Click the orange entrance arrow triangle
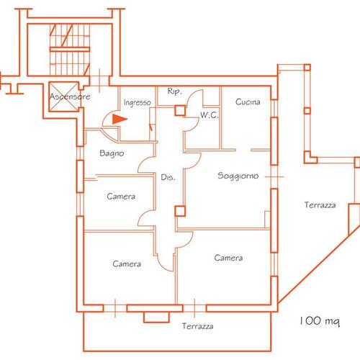click(119, 119)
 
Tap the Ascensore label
click(70, 96)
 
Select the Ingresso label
click(138, 103)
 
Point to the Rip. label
click(174, 91)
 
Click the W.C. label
click(210, 115)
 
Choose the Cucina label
click(248, 102)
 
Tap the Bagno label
click(112, 153)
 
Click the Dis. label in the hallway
click(168, 177)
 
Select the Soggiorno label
click(238, 176)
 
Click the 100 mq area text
click(320, 321)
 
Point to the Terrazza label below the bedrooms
click(197, 326)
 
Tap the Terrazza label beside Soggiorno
click(320, 205)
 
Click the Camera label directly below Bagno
click(121, 197)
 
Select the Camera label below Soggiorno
click(228, 258)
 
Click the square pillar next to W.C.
click(180, 111)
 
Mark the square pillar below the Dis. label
click(180, 211)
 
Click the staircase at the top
click(70, 50)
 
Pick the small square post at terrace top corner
click(307, 67)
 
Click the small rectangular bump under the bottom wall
click(156, 317)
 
